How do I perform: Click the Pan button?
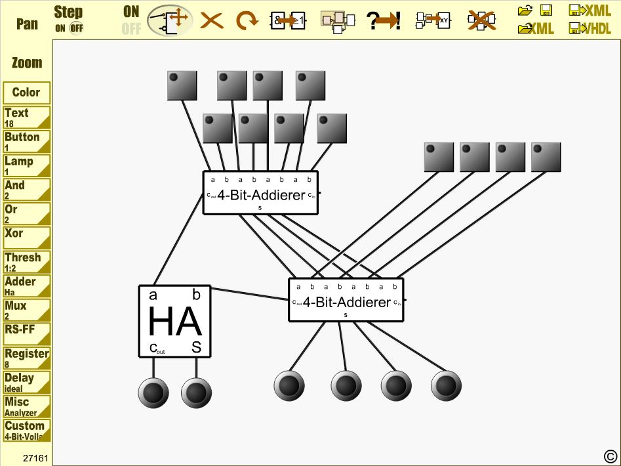(27, 24)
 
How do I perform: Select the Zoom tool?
(27, 63)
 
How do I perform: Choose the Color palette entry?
(26, 93)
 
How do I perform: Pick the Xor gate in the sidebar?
(26, 237)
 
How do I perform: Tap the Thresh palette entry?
(26, 261)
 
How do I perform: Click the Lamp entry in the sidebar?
(26, 165)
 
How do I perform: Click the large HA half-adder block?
(174, 322)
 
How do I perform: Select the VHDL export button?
(591, 28)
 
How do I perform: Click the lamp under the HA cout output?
(153, 392)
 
